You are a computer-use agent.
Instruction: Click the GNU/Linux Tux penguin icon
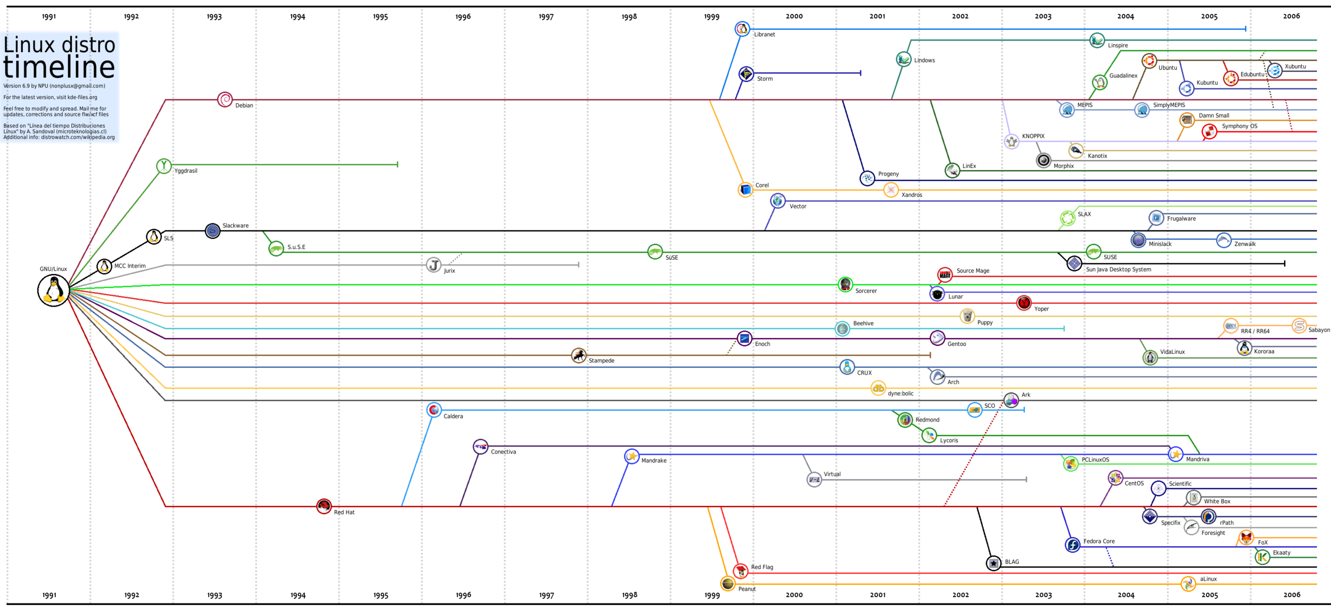pyautogui.click(x=53, y=291)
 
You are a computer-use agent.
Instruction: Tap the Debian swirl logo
pyautogui.click(x=225, y=99)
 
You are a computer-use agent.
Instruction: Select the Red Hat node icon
pyautogui.click(x=324, y=506)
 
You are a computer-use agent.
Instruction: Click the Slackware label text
pyautogui.click(x=235, y=226)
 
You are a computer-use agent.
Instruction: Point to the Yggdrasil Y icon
pyautogui.click(x=164, y=166)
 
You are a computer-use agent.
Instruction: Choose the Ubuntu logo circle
pyautogui.click(x=1149, y=61)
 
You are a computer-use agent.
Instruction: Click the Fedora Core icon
pyautogui.click(x=1072, y=544)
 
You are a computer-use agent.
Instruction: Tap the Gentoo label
pyautogui.click(x=956, y=344)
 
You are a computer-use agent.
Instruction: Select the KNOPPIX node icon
pyautogui.click(x=1011, y=142)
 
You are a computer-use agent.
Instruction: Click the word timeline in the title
pyautogui.click(x=59, y=67)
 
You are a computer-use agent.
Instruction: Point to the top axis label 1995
pyautogui.click(x=380, y=17)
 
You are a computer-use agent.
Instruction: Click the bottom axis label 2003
pyautogui.click(x=1043, y=595)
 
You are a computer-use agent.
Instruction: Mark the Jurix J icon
pyautogui.click(x=433, y=264)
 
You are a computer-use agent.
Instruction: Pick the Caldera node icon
pyautogui.click(x=434, y=410)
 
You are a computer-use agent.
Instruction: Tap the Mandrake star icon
pyautogui.click(x=631, y=456)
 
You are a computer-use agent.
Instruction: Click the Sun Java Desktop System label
pyautogui.click(x=1118, y=270)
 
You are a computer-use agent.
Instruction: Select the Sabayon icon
pyautogui.click(x=1299, y=325)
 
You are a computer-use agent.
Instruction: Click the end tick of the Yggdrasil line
pyautogui.click(x=397, y=164)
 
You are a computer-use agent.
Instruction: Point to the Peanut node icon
pyautogui.click(x=727, y=583)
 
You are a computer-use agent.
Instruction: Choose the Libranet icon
pyautogui.click(x=742, y=29)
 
